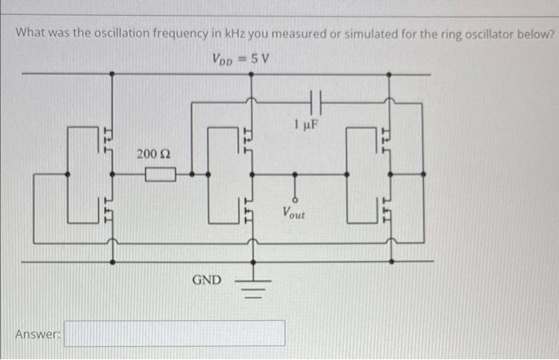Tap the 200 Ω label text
[153, 152]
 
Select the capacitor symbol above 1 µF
[314, 101]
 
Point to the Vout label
[294, 214]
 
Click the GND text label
[207, 280]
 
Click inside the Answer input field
[174, 333]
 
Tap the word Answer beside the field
[38, 334]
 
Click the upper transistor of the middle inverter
[249, 137]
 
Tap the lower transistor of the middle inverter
[249, 212]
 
